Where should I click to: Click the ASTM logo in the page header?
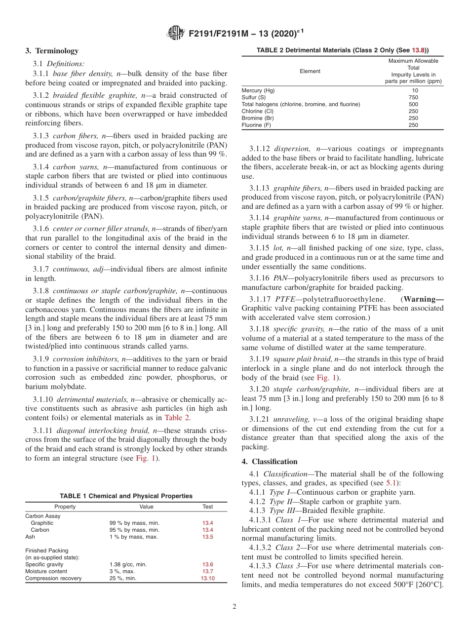click(176, 34)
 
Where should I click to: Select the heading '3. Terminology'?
click(52, 51)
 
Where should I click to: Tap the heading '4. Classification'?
click(270, 462)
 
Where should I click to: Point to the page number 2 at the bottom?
click(234, 607)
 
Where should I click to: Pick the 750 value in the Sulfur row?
click(413, 98)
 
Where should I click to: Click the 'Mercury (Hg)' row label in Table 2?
click(258, 91)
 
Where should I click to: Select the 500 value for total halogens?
click(413, 105)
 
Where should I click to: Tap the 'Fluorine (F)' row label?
click(256, 125)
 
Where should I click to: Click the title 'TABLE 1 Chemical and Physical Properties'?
click(126, 496)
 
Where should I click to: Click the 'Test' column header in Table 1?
click(207, 507)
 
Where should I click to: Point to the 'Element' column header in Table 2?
click(310, 72)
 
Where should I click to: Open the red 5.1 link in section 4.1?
click(392, 483)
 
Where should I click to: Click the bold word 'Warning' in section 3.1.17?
click(424, 299)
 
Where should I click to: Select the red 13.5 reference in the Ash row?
click(207, 537)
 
